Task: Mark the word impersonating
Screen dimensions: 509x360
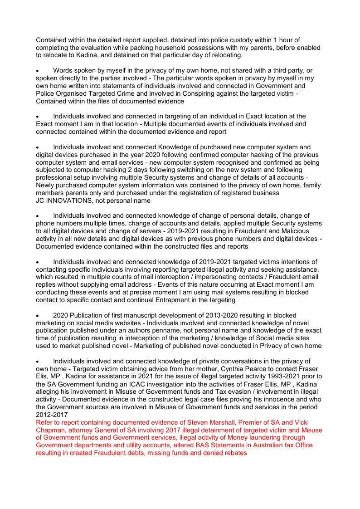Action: click(216, 277)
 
